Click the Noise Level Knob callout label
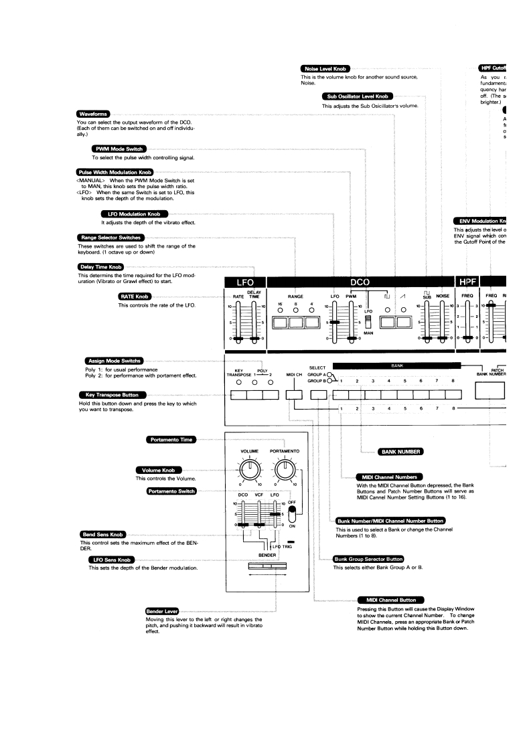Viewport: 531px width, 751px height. pyautogui.click(x=325, y=69)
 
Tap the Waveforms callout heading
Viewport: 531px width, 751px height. pyautogui.click(x=93, y=114)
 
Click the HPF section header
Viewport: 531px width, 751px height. pyautogui.click(x=467, y=282)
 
